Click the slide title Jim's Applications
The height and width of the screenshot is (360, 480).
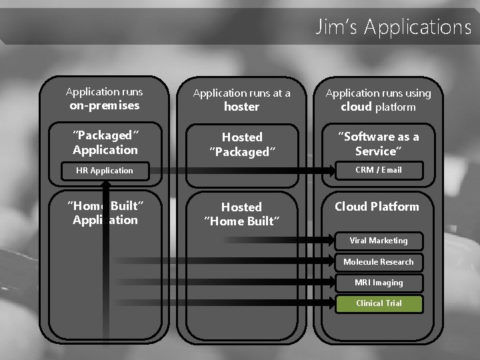393,27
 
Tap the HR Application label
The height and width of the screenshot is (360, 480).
105,171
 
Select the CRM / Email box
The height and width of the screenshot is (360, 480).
378,170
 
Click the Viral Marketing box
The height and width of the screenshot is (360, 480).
378,241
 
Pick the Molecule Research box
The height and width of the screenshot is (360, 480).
378,262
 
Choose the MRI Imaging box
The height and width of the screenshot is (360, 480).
378,283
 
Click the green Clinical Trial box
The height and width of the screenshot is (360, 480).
378,303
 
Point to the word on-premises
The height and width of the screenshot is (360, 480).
105,105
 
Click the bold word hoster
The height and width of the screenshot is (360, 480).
241,107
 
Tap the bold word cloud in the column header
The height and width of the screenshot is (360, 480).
356,107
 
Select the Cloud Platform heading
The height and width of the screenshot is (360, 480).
377,207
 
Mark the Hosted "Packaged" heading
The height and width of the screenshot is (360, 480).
241,145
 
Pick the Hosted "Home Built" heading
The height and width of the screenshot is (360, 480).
241,214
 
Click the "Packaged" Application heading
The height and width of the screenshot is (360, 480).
105,143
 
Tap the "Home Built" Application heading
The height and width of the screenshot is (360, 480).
105,213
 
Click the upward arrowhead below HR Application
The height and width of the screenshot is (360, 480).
105,185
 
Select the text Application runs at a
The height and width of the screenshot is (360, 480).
241,93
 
